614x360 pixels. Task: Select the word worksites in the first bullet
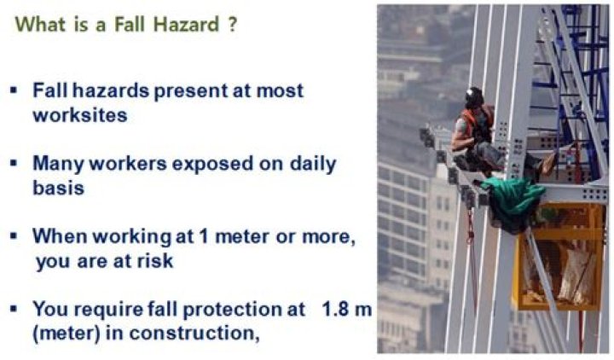80,115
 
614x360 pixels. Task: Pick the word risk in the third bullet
153,261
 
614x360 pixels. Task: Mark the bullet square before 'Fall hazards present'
14,90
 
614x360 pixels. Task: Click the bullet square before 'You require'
14,308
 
